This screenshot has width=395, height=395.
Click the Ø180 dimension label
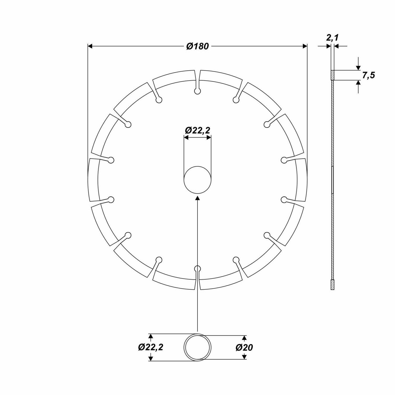point(197,46)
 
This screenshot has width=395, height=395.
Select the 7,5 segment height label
point(368,75)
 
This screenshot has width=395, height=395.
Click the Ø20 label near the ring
point(244,348)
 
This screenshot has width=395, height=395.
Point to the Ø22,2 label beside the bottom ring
point(151,347)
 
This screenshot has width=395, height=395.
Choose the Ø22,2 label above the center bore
point(197,130)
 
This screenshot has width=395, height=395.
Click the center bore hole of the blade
point(197,180)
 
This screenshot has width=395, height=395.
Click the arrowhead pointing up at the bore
point(197,198)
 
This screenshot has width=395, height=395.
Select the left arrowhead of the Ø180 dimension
point(90,46)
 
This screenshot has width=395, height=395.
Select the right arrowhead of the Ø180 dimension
point(305,46)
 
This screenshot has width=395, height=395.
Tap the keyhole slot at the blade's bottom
point(197,269)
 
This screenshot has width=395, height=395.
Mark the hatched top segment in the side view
point(332,75)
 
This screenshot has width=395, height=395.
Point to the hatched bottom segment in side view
point(332,285)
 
